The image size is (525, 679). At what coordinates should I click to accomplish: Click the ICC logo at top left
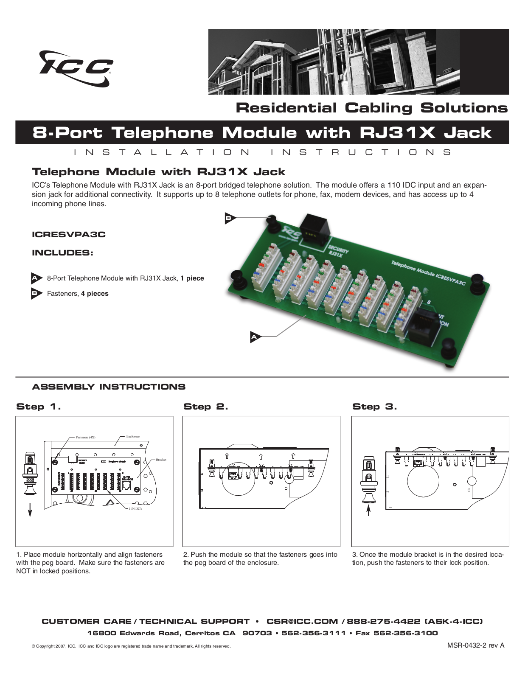pos(76,68)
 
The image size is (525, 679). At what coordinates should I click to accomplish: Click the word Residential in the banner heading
pos(286,108)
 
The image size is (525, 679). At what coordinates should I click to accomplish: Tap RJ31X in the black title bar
pos(397,133)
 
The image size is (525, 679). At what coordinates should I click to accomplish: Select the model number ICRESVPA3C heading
pos(68,234)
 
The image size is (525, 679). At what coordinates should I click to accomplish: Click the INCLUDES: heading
pos(62,253)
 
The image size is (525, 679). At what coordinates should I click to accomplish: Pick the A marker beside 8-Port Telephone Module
pos(36,278)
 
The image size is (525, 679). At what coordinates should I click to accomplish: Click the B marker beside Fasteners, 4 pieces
pos(36,293)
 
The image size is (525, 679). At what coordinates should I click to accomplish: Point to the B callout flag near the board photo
pos(229,218)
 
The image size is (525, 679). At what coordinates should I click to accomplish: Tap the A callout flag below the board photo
pos(255,337)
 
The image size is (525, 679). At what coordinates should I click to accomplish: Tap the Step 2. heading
pos(205,407)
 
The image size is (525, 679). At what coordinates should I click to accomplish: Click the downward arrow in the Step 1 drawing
pos(30,509)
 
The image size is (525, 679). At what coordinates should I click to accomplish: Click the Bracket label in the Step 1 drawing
pos(161,460)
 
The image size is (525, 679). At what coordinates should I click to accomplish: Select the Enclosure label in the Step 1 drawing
pos(133,436)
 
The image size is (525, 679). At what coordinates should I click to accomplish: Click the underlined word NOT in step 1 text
pos(23,571)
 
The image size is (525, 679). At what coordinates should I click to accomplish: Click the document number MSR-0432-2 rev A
pos(475,645)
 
